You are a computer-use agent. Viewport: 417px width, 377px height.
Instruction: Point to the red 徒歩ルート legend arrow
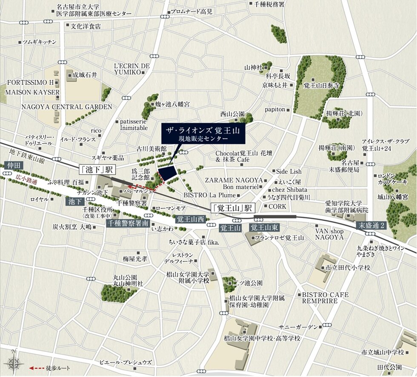click(x=37, y=368)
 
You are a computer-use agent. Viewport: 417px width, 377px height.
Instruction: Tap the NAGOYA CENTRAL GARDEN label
click(x=67, y=107)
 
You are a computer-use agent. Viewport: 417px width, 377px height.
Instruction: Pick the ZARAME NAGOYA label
click(x=234, y=180)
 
